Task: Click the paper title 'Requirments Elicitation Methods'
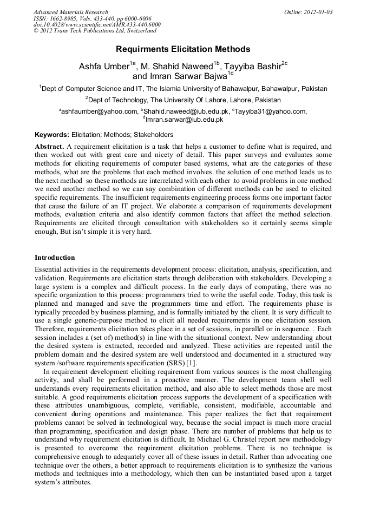coord(183,49)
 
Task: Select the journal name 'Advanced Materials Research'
coord(71,12)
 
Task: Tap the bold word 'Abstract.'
coord(50,147)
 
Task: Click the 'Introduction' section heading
coord(55,257)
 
